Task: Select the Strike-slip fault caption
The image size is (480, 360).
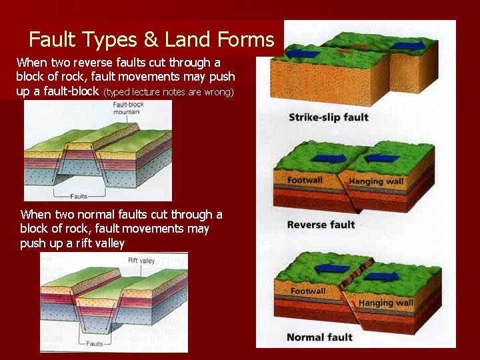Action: tap(328, 118)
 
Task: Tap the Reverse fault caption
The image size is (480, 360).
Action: tap(321, 225)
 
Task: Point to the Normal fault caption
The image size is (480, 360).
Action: tap(319, 337)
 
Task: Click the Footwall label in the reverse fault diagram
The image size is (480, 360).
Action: tap(306, 181)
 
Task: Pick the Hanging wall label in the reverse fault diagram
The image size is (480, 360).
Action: tap(375, 181)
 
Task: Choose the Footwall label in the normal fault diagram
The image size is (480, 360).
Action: tap(308, 291)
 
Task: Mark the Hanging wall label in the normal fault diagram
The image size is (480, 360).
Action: tap(386, 303)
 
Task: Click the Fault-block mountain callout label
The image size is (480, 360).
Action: tap(126, 109)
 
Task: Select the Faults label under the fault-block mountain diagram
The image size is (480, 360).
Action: tap(79, 196)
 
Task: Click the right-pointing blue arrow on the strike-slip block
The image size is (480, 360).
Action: tap(407, 46)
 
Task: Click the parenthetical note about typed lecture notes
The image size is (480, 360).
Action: tap(169, 92)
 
